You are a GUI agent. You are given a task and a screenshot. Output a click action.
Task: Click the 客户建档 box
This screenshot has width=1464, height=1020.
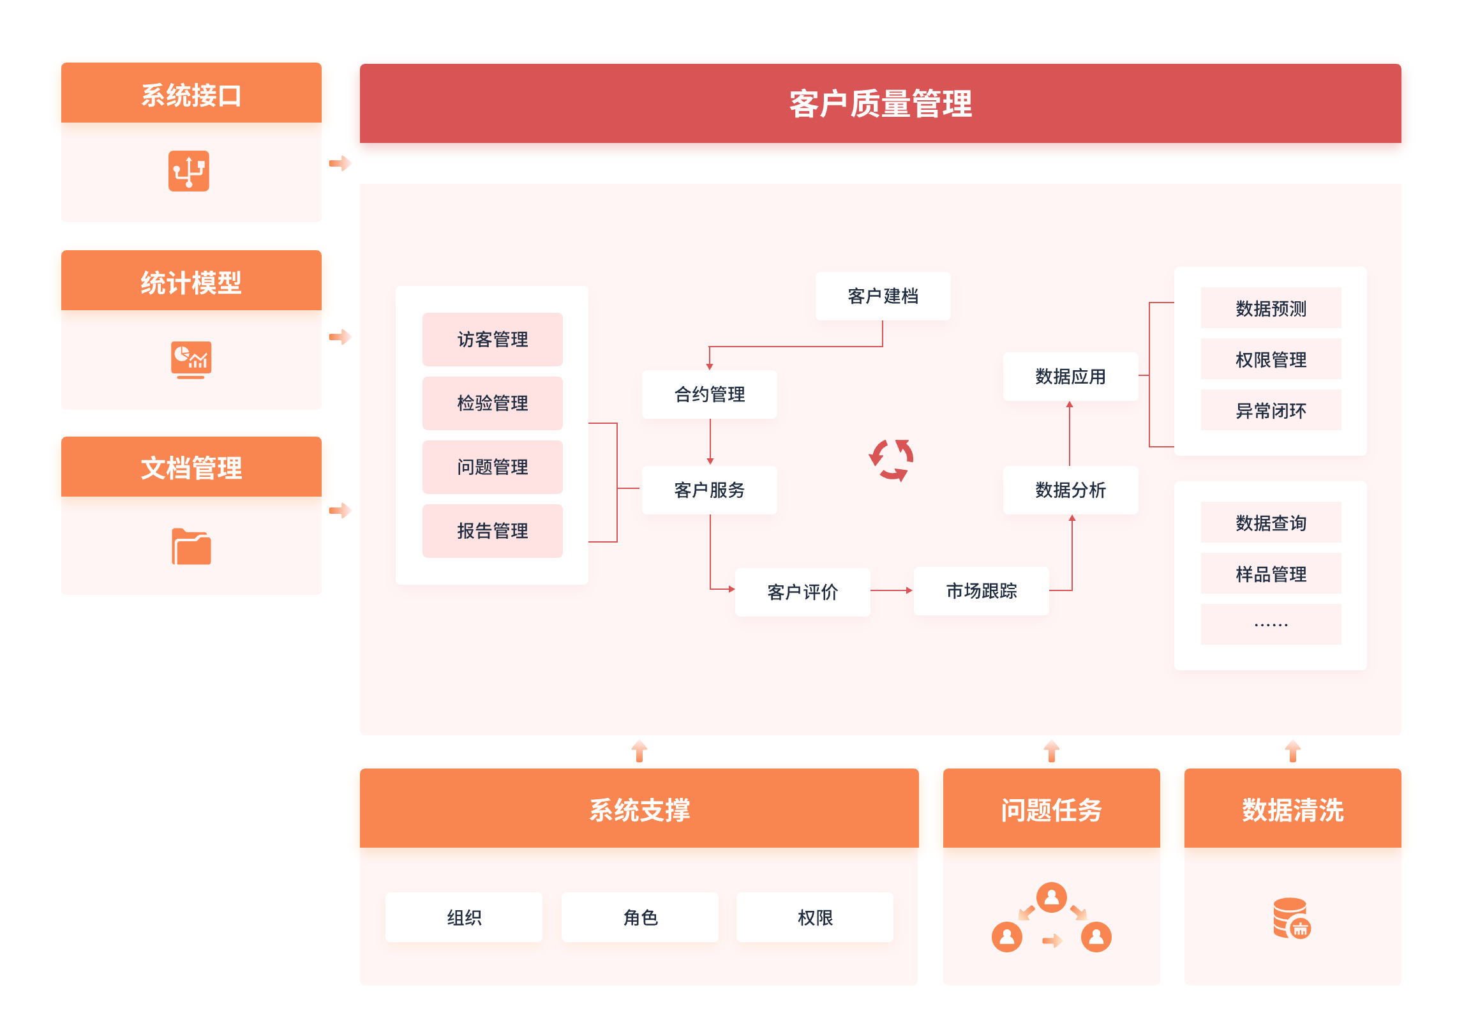coord(883,296)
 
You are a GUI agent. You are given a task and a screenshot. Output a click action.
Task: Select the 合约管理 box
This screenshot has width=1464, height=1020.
coord(709,394)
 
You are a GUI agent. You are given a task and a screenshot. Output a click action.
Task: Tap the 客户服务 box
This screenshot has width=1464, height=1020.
coord(709,490)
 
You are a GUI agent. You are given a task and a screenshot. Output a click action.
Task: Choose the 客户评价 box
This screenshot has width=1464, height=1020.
coord(802,592)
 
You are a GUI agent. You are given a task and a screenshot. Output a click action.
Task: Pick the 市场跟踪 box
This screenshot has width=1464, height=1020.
coord(981,591)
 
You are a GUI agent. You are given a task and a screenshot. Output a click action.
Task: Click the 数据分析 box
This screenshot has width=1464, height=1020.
coord(1070,490)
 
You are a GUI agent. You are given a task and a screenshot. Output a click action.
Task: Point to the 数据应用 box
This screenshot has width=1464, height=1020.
coord(1070,377)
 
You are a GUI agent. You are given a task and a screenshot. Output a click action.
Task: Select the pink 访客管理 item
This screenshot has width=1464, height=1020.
coord(492,340)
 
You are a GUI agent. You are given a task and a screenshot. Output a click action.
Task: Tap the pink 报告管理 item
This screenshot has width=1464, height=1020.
coord(492,531)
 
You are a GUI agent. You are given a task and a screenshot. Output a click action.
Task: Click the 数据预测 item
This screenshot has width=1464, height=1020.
coord(1271,308)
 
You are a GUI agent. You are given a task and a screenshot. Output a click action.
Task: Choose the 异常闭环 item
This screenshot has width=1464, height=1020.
coord(1271,410)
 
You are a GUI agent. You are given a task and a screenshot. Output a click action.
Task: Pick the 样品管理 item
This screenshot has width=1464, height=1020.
coord(1271,574)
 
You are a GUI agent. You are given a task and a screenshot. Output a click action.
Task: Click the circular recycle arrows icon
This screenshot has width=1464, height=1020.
coord(891,460)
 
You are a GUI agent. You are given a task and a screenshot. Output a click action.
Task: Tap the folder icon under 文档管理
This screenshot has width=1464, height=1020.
coord(191,547)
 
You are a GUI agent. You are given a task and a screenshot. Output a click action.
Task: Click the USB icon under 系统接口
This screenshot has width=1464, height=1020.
coord(189,171)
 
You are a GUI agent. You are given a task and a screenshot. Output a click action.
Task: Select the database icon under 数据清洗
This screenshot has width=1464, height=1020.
coord(1291,919)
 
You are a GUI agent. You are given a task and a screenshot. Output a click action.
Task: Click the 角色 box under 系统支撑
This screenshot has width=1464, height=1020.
coord(639,917)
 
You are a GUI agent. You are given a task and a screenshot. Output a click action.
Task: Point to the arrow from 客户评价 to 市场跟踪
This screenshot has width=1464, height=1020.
coord(892,591)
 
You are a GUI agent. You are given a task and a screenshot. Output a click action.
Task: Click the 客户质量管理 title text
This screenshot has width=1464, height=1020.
coord(880,103)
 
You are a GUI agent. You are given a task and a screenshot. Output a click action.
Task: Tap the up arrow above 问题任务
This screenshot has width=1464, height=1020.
coord(1051,751)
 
